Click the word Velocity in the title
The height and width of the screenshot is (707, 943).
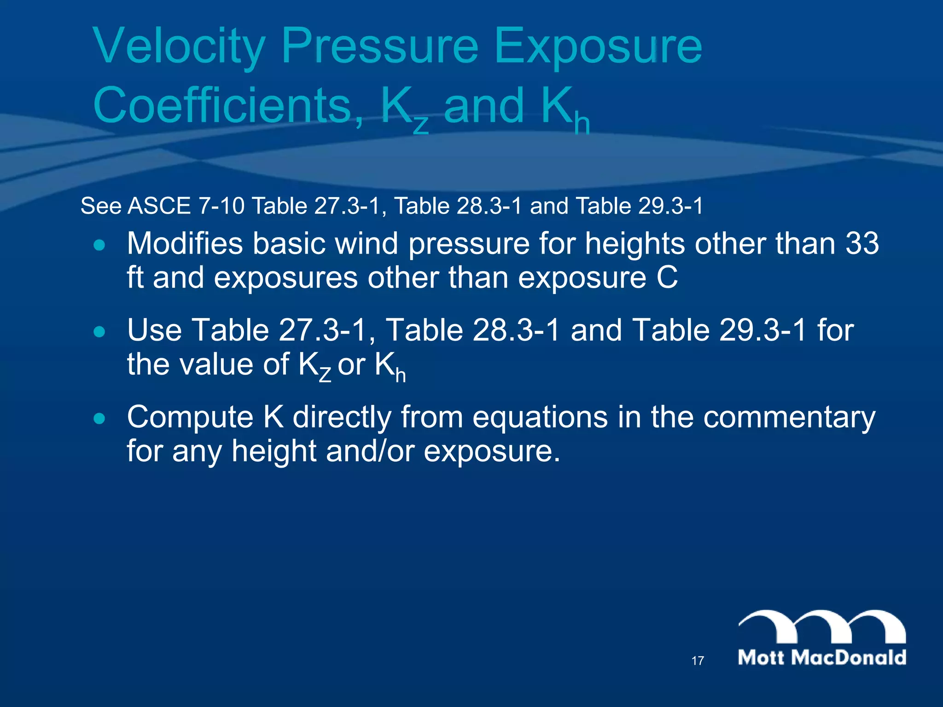[180, 46]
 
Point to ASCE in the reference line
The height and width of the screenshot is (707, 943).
[159, 206]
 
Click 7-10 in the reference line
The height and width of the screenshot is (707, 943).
[221, 206]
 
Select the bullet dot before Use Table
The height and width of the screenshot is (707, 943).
[99, 331]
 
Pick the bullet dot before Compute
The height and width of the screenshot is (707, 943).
[99, 418]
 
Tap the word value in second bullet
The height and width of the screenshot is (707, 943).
[216, 364]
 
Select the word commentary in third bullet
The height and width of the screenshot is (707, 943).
[789, 417]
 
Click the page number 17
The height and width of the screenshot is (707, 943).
[698, 661]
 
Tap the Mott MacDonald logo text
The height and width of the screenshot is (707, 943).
[822, 657]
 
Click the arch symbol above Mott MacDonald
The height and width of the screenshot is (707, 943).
[822, 626]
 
